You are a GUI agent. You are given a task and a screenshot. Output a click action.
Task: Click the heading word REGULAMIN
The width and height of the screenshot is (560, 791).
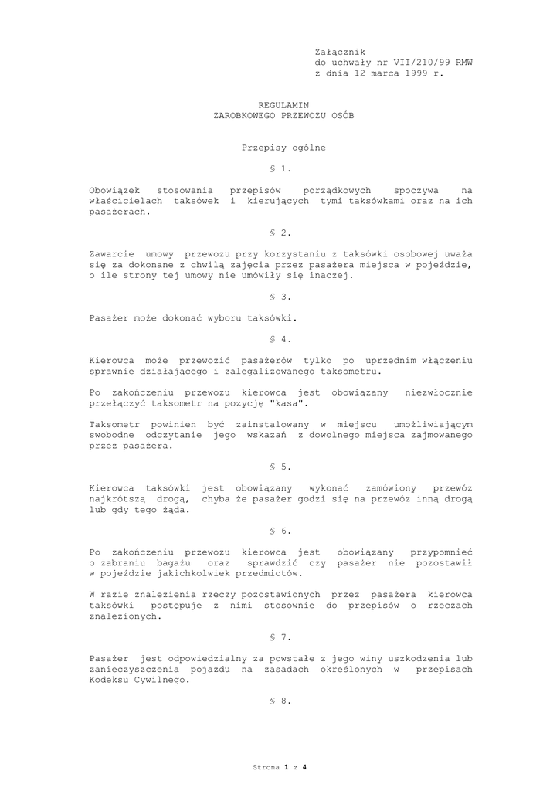coord(283,104)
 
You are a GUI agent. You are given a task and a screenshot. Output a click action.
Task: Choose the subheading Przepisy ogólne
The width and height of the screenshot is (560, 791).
coord(283,147)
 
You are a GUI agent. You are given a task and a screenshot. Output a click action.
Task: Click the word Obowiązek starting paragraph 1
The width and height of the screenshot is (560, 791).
coord(114,189)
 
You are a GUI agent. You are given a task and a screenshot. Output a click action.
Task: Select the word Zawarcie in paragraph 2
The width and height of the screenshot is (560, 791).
coord(111,253)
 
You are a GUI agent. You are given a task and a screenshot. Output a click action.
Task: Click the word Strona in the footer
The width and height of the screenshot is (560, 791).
coord(266,767)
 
